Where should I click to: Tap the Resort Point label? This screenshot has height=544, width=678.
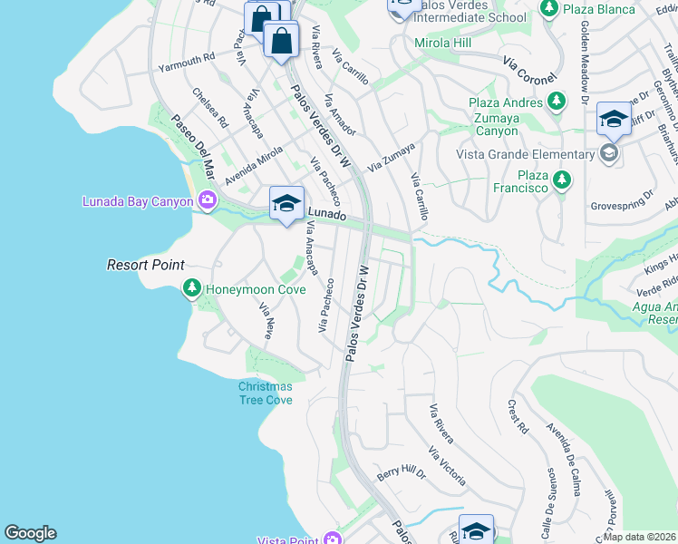pos(145,265)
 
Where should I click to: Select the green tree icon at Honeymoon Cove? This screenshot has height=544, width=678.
pos(191,289)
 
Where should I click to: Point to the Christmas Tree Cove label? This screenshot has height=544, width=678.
pos(266,393)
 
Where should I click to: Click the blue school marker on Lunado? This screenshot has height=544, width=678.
pos(286,203)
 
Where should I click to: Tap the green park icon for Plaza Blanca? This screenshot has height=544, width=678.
pos(548,8)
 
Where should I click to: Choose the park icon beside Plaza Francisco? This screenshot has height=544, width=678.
pos(561,180)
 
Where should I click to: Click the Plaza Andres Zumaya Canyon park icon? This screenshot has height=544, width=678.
pos(558,102)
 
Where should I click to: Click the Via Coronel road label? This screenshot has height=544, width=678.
pos(529,69)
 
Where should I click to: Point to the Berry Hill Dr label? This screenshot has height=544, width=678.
pos(402,472)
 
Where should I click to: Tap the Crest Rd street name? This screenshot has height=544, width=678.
pos(518,416)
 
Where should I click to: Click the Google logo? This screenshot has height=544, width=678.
pos(30,533)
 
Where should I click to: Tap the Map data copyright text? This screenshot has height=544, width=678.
pos(640,537)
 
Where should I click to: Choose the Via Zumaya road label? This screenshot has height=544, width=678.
pos(392,157)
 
